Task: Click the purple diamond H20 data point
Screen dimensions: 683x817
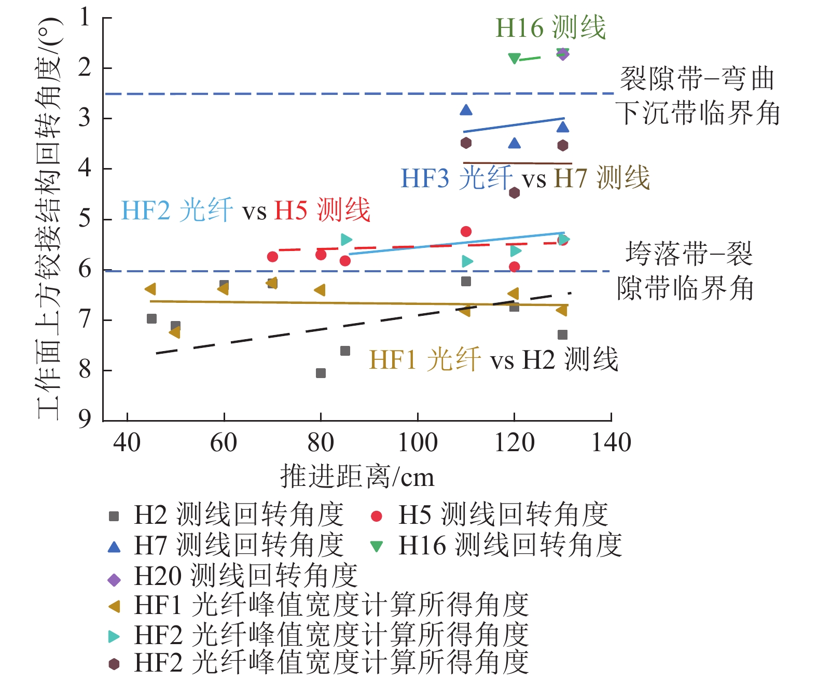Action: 563,54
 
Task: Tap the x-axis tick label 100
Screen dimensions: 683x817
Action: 417,442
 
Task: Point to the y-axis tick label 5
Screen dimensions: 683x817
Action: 85,219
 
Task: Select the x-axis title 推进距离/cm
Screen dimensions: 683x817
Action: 357,476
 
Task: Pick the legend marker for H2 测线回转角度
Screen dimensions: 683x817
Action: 114,516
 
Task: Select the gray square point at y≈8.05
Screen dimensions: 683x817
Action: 321,373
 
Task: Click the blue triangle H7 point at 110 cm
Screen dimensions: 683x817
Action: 466,110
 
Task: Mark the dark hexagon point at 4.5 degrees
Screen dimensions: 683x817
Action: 514,193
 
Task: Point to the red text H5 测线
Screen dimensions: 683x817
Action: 322,210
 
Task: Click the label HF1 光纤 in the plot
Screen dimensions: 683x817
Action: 425,359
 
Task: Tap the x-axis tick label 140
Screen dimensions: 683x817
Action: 611,442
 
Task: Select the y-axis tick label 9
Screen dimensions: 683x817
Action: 85,419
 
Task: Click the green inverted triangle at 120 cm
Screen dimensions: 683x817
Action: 514,59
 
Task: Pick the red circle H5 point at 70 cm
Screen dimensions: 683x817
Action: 272,257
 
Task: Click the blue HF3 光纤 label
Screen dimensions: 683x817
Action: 456,178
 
